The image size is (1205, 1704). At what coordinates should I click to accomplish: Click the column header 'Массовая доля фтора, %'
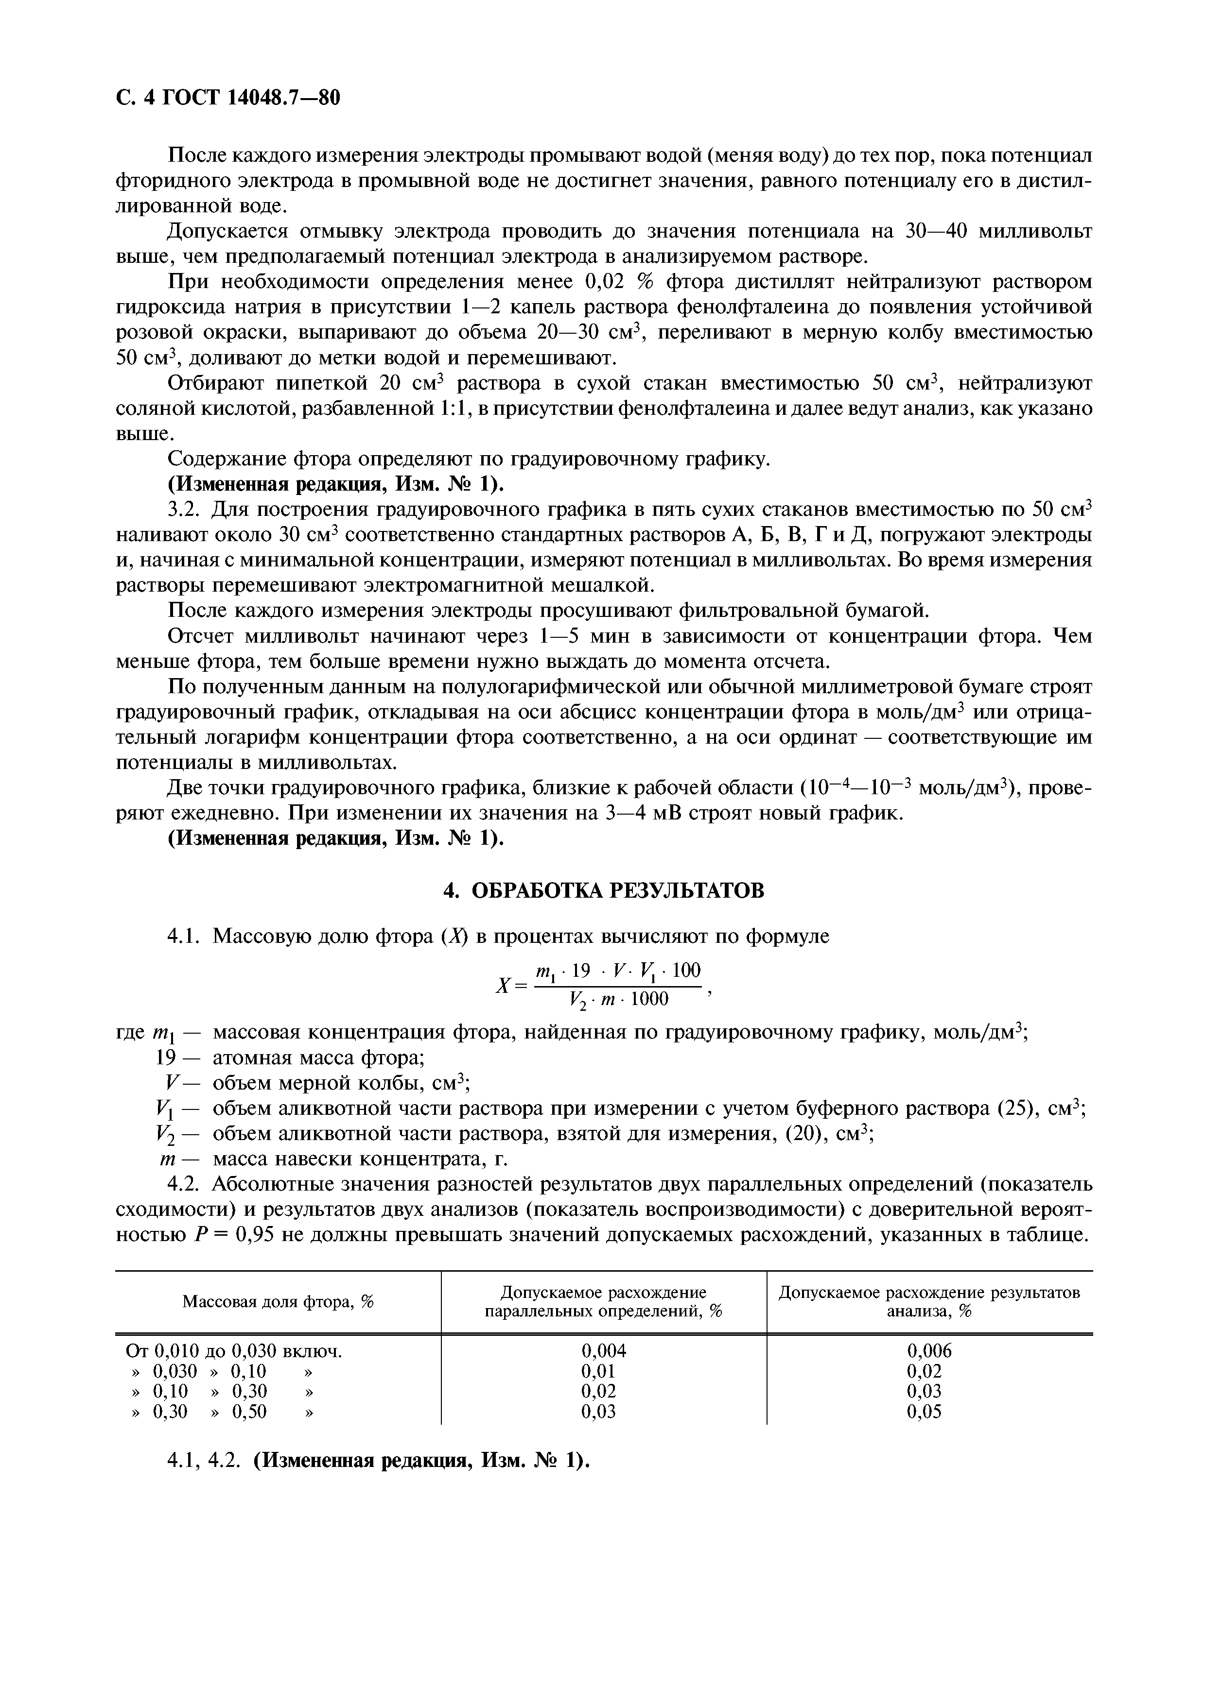coord(278,1302)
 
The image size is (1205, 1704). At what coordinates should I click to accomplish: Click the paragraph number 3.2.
coord(186,510)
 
